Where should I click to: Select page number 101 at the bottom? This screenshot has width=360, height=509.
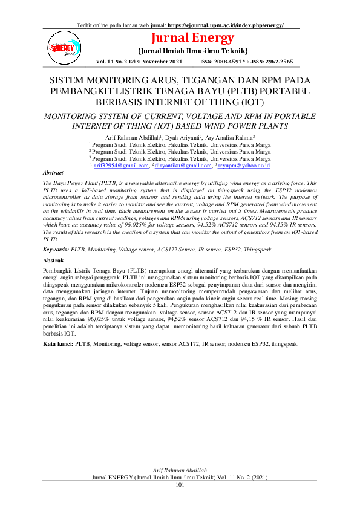point(180,485)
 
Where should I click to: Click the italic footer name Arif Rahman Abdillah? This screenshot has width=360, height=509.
point(180,470)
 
